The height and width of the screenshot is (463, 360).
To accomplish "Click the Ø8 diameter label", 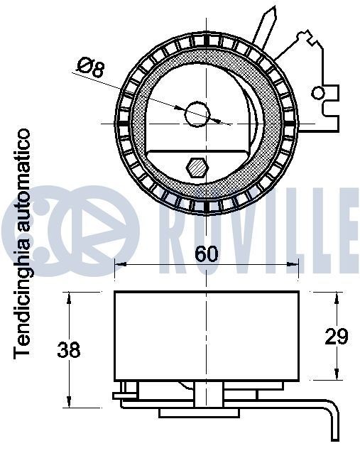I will (90, 68).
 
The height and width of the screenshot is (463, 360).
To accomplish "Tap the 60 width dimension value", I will (206, 254).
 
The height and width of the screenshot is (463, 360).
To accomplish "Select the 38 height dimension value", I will (69, 349).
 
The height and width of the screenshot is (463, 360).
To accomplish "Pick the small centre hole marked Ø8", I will (196, 112).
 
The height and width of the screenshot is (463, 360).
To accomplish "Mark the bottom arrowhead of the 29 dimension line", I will (334, 375).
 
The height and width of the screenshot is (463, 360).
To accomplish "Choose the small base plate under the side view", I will (199, 413).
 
